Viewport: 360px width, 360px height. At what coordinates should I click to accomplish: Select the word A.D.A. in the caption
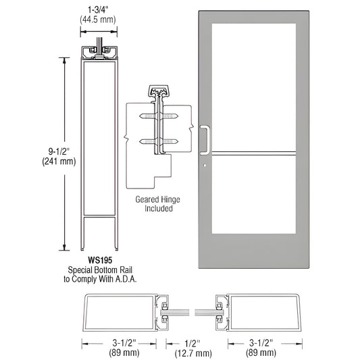(125, 280)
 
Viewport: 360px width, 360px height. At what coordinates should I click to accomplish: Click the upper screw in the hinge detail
(160, 116)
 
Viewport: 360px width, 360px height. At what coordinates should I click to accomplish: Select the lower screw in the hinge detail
(160, 142)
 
